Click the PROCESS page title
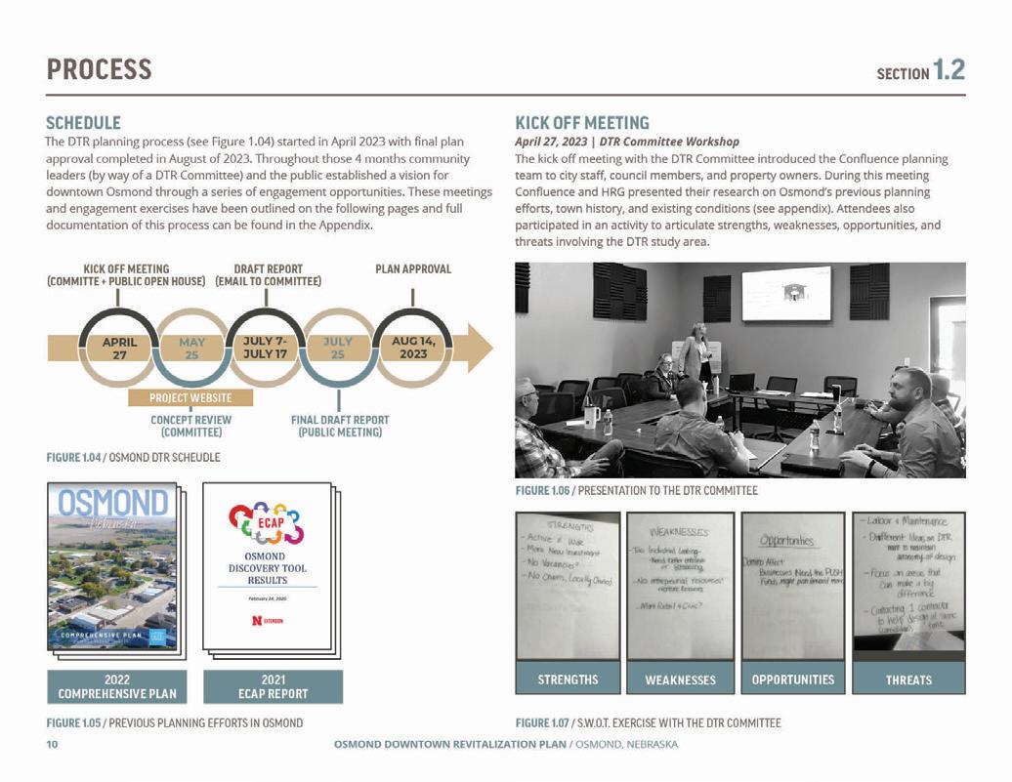tap(100, 69)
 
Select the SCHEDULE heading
tap(83, 123)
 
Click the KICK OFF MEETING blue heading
tap(581, 123)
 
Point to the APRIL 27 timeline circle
tap(119, 349)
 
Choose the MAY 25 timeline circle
tap(191, 349)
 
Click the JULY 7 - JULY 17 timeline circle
tap(265, 349)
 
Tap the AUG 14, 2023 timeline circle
tap(411, 349)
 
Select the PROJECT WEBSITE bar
tap(190, 397)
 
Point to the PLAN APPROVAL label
tap(412, 268)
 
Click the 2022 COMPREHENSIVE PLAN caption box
tap(111, 686)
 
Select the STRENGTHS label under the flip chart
tap(568, 679)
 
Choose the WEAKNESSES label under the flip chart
tap(680, 679)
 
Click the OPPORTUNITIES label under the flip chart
tap(792, 679)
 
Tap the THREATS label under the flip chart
tap(907, 679)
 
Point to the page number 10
tap(53, 745)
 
